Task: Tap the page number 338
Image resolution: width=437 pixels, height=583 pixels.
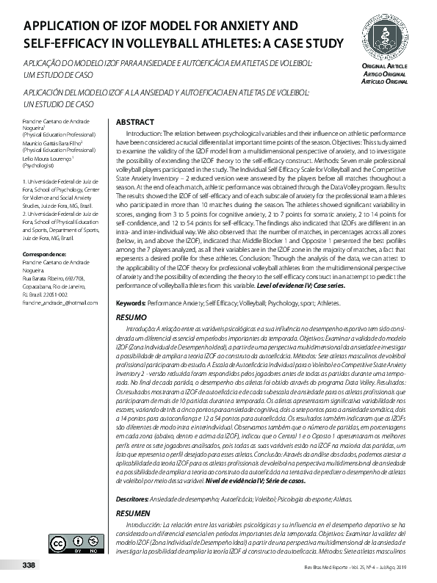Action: [x=29, y=565]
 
